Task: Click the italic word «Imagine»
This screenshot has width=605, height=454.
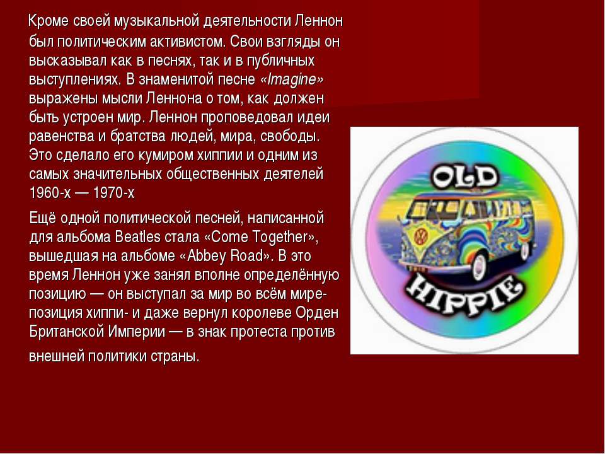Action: click(x=292, y=79)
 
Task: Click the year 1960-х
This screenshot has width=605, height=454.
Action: click(x=50, y=193)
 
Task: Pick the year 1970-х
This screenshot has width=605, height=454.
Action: click(x=113, y=193)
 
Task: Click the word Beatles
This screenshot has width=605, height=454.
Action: click(x=137, y=236)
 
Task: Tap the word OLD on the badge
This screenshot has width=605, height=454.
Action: click(x=464, y=177)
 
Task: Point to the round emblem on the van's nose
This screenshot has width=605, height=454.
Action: click(x=420, y=235)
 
